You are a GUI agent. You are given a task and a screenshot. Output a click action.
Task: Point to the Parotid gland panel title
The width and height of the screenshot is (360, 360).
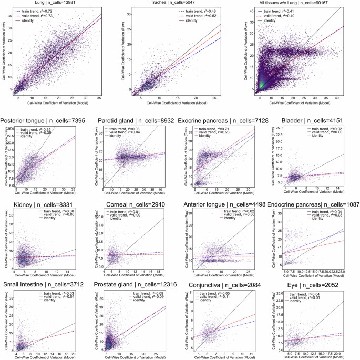[132, 121]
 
